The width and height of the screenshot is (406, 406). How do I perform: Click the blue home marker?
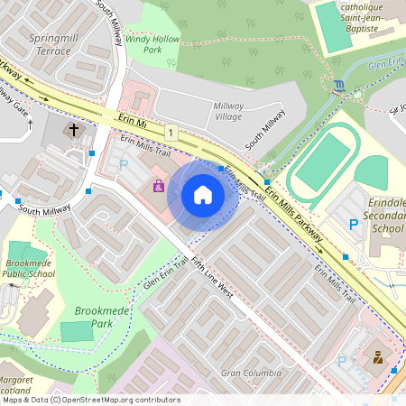click(x=203, y=194)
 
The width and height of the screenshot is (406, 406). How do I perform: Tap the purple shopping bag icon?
click(x=159, y=187)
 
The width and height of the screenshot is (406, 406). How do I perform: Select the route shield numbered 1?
click(x=170, y=133)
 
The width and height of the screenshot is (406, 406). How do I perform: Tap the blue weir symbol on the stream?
click(x=338, y=85)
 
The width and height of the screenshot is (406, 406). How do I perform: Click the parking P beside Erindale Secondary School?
click(x=353, y=224)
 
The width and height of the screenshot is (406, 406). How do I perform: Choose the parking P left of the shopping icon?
click(x=124, y=165)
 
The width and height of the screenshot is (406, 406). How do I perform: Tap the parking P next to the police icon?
click(x=342, y=361)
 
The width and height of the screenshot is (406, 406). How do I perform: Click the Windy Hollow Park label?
click(x=152, y=45)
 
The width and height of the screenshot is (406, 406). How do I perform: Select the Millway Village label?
click(x=228, y=112)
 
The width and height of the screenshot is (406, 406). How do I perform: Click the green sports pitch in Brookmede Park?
click(x=77, y=330)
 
